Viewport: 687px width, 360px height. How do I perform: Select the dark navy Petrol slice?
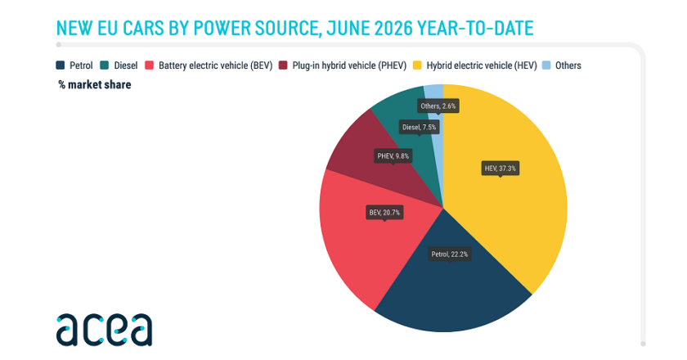tap(451, 290)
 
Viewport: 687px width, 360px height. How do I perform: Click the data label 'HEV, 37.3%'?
tap(500, 169)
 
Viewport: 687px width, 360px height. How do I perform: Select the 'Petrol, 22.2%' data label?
tap(450, 254)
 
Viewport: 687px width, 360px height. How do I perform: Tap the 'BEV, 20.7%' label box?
tap(384, 213)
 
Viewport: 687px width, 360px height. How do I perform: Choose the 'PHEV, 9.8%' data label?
tap(393, 156)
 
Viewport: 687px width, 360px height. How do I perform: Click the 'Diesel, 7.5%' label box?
tap(419, 127)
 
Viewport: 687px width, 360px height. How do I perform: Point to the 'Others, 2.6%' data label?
tap(438, 106)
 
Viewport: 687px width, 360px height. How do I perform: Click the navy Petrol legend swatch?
tap(61, 65)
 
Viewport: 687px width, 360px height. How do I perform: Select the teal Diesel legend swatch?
tap(105, 65)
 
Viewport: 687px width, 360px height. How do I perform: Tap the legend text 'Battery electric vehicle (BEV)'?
tap(216, 65)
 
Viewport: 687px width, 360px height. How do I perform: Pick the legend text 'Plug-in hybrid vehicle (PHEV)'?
tap(349, 65)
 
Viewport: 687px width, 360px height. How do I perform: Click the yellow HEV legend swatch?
tap(417, 65)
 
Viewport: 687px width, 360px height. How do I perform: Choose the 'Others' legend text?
tap(568, 65)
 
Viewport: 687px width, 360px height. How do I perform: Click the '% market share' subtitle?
tap(95, 84)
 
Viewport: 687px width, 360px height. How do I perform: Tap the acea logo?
tap(105, 330)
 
